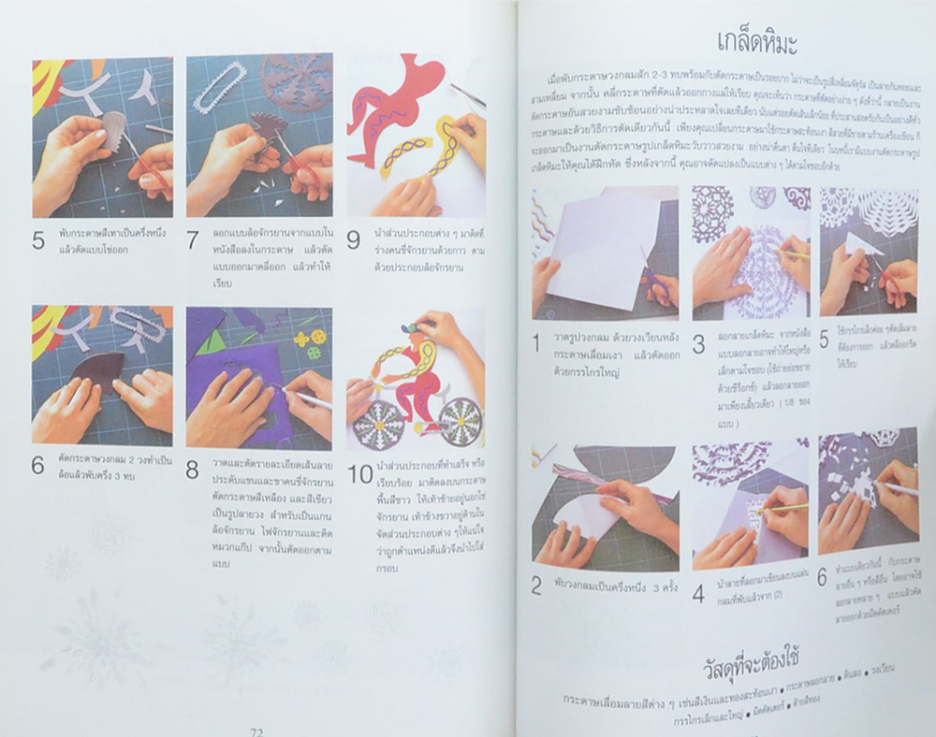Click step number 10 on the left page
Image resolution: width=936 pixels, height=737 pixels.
point(360,475)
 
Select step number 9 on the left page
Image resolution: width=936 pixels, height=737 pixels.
point(353,239)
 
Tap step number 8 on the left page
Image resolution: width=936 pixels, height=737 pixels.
point(192,470)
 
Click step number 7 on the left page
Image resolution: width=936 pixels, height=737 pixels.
point(192,239)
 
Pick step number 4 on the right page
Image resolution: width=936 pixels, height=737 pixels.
point(698,593)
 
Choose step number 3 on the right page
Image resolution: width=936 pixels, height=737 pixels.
point(698,344)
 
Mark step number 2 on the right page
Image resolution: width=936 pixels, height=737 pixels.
point(536,586)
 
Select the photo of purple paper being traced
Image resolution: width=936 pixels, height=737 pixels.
point(259,377)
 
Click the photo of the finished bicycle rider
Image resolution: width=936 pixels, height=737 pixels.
point(416,379)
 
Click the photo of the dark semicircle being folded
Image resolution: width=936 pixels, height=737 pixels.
point(103,374)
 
